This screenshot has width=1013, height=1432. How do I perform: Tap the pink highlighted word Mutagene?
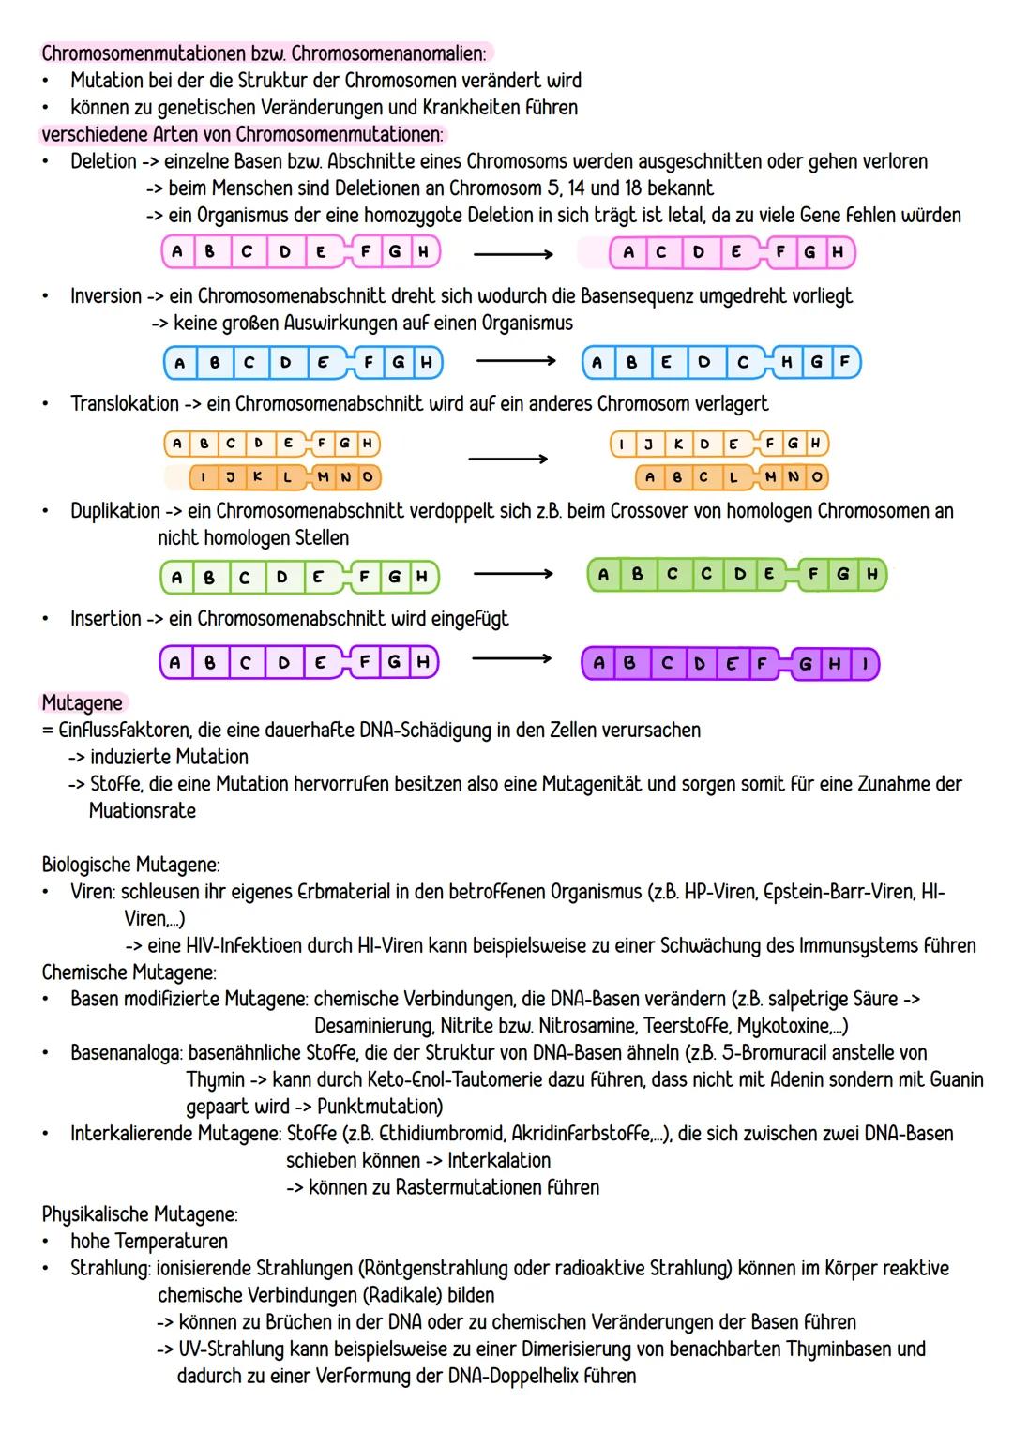pyautogui.click(x=82, y=702)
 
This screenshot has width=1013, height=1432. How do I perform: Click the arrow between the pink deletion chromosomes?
pyautogui.click(x=512, y=253)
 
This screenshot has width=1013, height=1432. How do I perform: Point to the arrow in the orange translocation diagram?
pyautogui.click(x=507, y=459)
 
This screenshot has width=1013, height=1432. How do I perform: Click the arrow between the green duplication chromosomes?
pyautogui.click(x=512, y=574)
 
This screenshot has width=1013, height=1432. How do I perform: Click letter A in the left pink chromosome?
pyautogui.click(x=177, y=251)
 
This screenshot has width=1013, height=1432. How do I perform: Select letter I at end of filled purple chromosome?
pyautogui.click(x=865, y=664)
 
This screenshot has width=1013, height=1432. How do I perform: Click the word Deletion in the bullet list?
pyautogui.click(x=103, y=161)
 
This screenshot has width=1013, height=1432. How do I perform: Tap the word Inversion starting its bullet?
pyautogui.click(x=106, y=296)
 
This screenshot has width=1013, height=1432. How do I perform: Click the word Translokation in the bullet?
pyautogui.click(x=124, y=404)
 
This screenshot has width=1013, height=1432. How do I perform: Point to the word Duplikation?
pyautogui.click(x=115, y=511)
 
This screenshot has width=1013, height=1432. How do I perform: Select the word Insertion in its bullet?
pyautogui.click(x=105, y=619)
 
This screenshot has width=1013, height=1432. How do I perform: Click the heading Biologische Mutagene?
pyautogui.click(x=130, y=864)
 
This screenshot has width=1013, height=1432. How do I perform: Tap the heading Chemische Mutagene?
pyautogui.click(x=129, y=972)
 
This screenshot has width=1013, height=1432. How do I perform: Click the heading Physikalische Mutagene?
pyautogui.click(x=140, y=1214)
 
